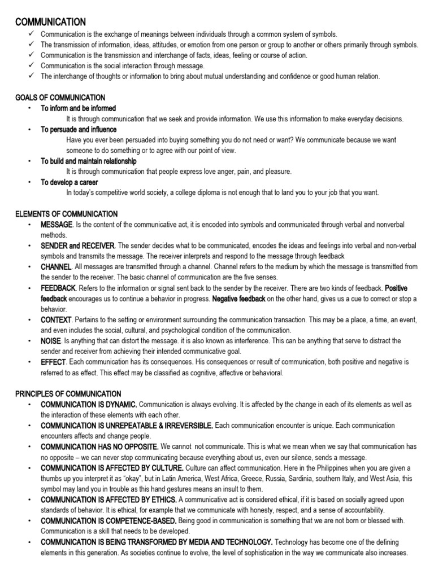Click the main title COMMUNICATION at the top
click(x=50, y=21)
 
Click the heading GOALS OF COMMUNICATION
click(x=60, y=98)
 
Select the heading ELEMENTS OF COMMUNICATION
click(x=66, y=214)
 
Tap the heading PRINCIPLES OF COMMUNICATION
click(x=68, y=393)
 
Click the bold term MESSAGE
click(x=57, y=225)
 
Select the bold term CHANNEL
click(x=56, y=266)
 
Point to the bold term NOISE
click(x=51, y=341)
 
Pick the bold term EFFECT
click(x=53, y=362)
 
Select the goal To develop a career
click(x=69, y=182)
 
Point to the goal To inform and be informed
click(x=78, y=108)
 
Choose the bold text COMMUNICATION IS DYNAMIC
click(x=89, y=404)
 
